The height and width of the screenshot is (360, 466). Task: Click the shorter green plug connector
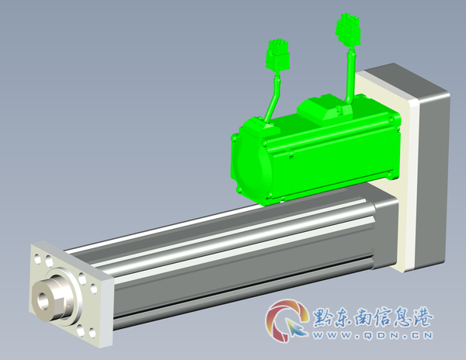277,57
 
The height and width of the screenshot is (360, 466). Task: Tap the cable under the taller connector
349,74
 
